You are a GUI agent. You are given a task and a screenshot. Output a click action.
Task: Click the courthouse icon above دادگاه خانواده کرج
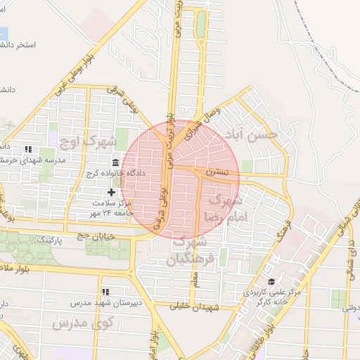(115, 162)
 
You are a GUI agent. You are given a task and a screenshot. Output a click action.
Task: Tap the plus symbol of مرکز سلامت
(111, 191)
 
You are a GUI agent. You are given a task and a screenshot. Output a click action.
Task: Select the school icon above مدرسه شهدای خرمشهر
(28, 149)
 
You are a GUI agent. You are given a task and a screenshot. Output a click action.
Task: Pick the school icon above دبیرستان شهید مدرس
(105, 292)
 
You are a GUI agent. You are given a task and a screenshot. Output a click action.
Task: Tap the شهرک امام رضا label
(223, 208)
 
